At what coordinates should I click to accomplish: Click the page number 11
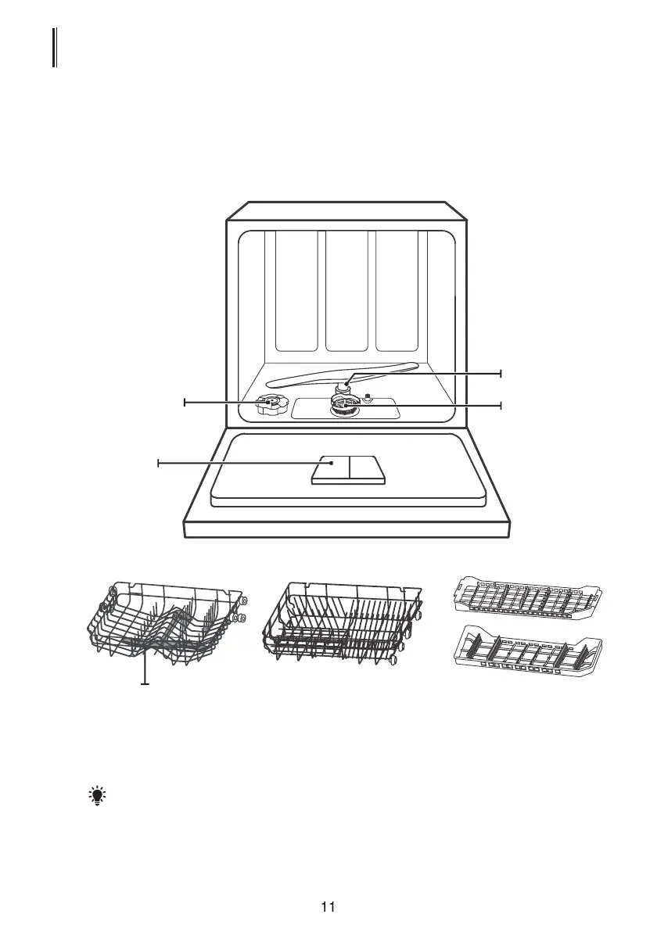point(328,907)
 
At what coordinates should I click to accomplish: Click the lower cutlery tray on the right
point(531,651)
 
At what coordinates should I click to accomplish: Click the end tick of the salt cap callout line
point(185,402)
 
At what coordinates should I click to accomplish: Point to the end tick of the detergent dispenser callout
point(158,464)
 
